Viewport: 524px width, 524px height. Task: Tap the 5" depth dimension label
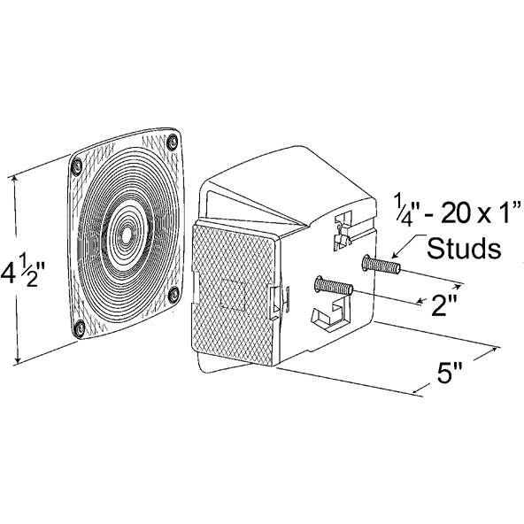pyautogui.click(x=449, y=373)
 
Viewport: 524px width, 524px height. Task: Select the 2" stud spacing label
pyautogui.click(x=443, y=304)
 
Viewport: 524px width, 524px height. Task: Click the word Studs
pyautogui.click(x=464, y=248)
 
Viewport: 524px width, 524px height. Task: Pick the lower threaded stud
pyautogui.click(x=334, y=286)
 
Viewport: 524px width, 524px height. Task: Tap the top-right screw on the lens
pyautogui.click(x=173, y=142)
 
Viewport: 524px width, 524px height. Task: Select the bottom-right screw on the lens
pyautogui.click(x=173, y=295)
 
